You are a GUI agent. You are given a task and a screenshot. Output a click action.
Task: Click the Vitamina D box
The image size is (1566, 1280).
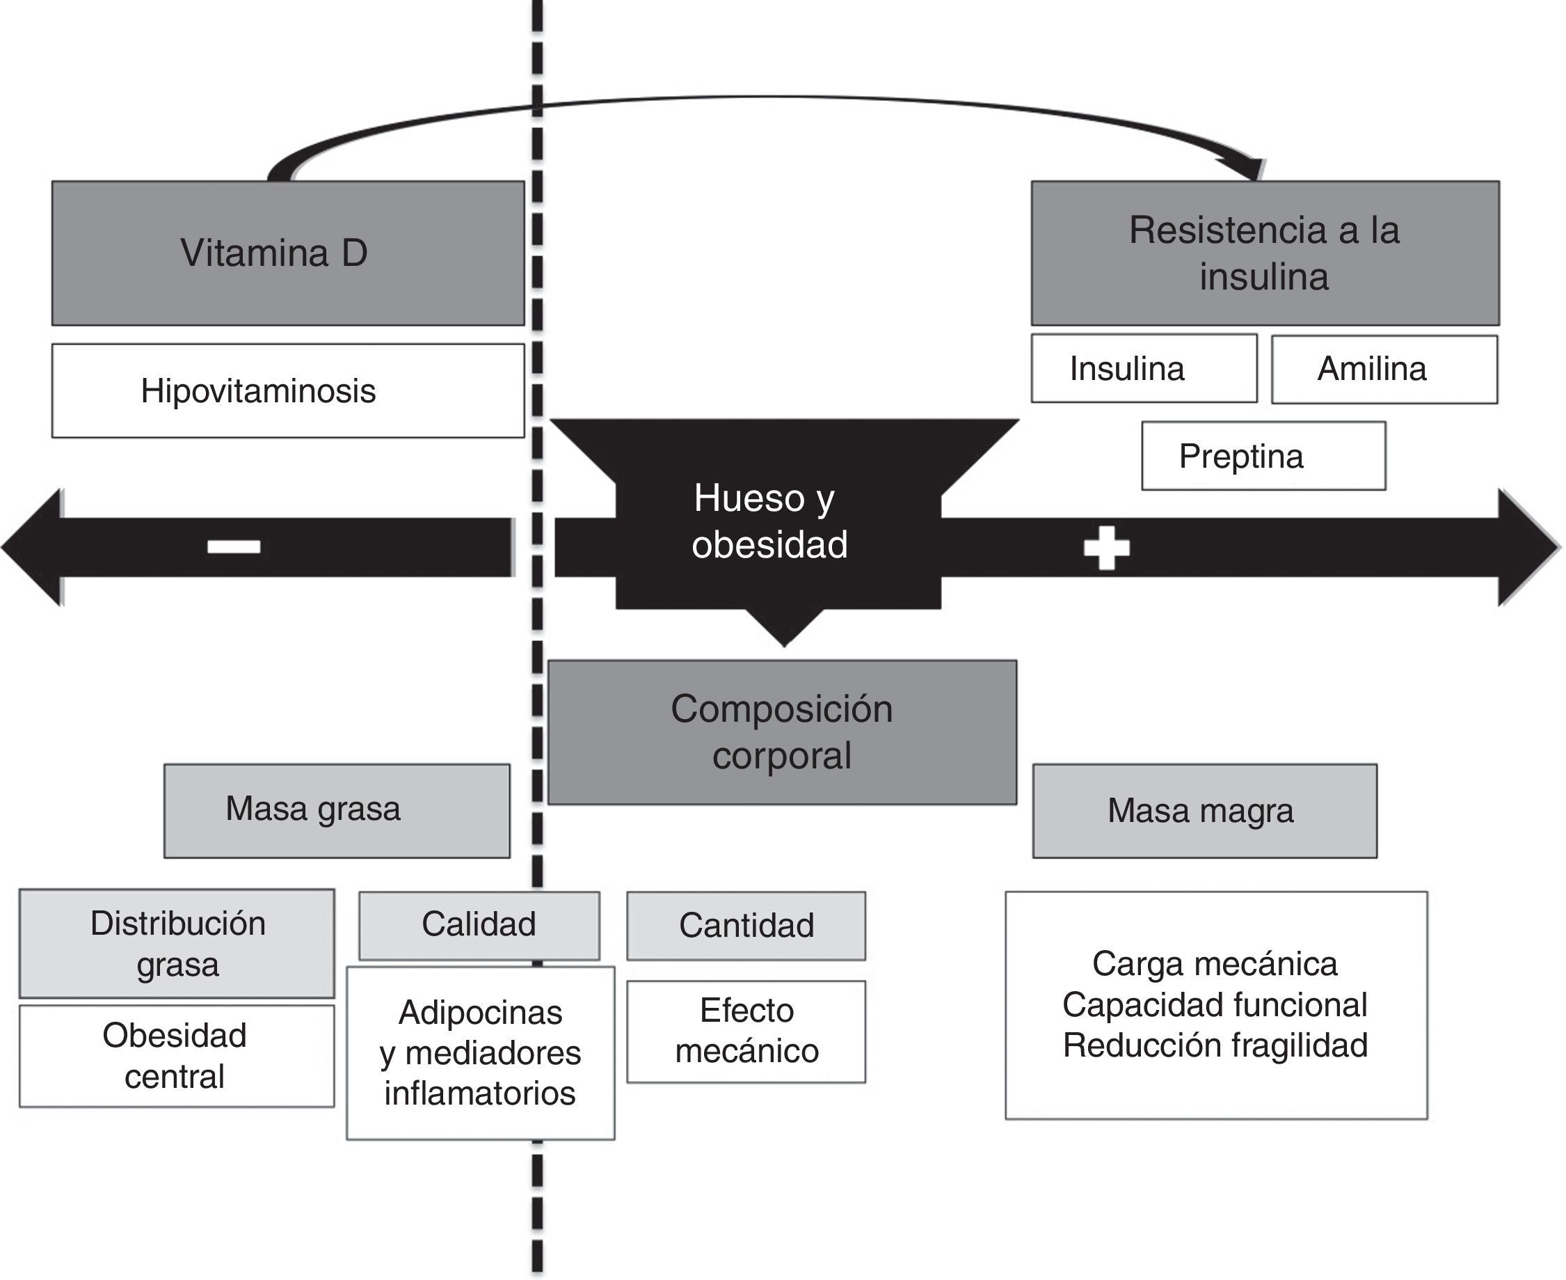(287, 253)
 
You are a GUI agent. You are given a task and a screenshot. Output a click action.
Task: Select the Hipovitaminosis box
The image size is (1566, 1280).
(287, 390)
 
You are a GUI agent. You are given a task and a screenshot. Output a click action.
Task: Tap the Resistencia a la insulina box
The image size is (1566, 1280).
(1265, 253)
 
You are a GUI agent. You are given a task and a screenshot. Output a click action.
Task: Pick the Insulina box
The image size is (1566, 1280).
(1144, 369)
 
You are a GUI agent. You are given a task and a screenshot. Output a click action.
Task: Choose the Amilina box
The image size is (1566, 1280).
(1384, 370)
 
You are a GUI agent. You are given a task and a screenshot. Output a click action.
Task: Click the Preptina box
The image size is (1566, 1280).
(1263, 456)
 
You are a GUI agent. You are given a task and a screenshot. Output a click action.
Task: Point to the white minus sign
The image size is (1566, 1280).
(234, 546)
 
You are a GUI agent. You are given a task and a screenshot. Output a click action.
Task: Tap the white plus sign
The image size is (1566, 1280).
(1106, 548)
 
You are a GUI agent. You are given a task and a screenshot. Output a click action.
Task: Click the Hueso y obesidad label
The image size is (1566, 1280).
(769, 521)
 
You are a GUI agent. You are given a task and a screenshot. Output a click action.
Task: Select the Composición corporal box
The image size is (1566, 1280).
(782, 732)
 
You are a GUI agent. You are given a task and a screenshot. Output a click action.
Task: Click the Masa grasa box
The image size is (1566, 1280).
(337, 810)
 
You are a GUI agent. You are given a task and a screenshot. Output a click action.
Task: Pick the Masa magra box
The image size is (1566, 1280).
(1204, 811)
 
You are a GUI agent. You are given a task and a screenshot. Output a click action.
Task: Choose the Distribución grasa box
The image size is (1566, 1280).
(177, 943)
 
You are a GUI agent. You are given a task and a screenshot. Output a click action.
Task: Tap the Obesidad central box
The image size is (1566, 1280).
(177, 1056)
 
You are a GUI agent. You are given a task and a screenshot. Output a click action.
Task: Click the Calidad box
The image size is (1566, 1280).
(479, 925)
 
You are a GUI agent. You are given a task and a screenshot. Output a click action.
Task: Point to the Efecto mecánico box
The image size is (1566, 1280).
(746, 1031)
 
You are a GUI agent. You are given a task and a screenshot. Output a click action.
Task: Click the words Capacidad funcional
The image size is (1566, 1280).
(1215, 1005)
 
